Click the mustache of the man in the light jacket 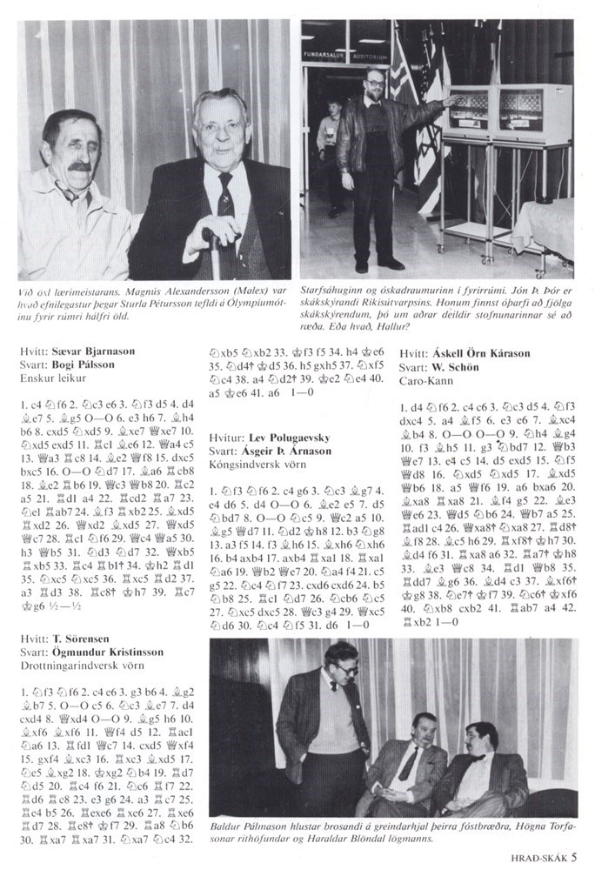click(77, 166)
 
